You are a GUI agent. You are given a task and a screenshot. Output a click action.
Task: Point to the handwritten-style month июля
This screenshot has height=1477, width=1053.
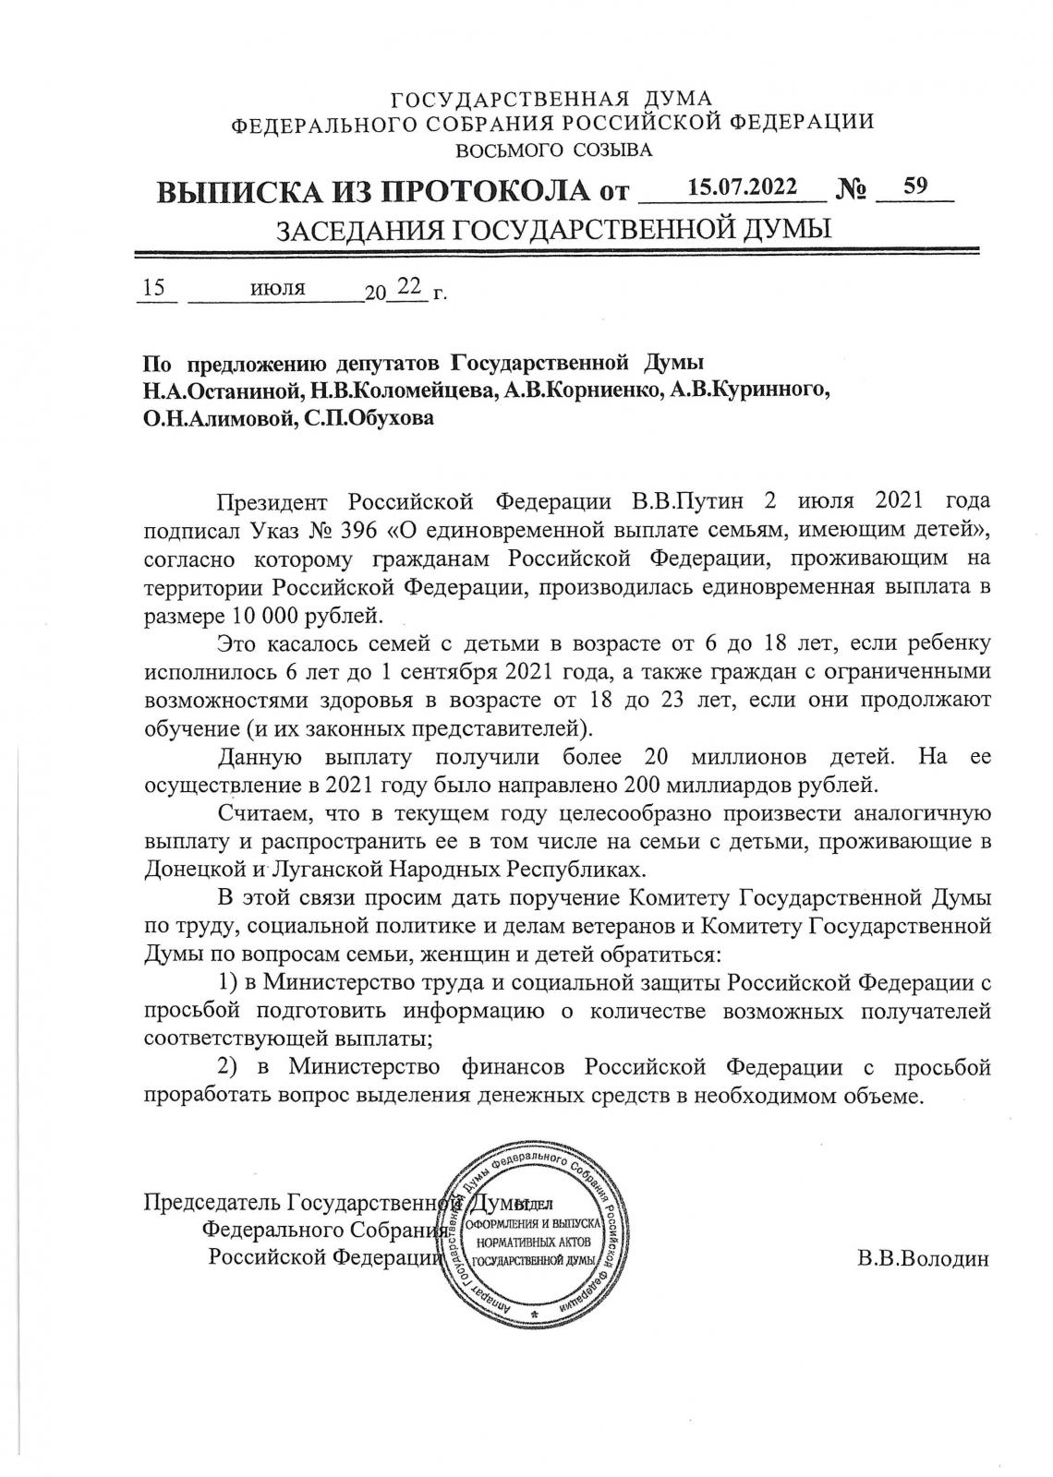click(x=277, y=288)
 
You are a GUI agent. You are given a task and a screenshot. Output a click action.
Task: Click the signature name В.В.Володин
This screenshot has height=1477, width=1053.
click(x=923, y=1258)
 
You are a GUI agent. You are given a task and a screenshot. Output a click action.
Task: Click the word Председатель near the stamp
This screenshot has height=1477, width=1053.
click(x=212, y=1204)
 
